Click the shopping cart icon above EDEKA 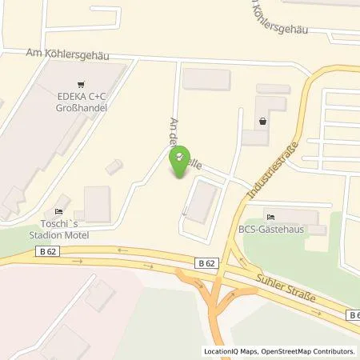[x=81, y=84]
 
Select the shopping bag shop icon [x=263, y=122]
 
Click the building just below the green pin [x=200, y=201]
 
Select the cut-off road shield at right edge [x=354, y=316]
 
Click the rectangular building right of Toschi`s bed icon [x=97, y=204]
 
